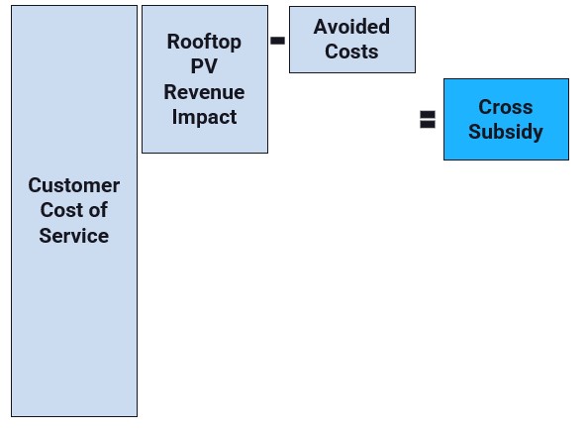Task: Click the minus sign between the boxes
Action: (x=277, y=41)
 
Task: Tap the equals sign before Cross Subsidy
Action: (x=428, y=120)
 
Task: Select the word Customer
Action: (x=74, y=185)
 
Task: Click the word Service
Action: (x=74, y=236)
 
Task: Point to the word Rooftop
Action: (x=204, y=42)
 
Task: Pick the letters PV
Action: (x=204, y=66)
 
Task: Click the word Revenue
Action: (x=204, y=92)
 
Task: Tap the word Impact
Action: (x=204, y=117)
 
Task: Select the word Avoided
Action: (x=351, y=27)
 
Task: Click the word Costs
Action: (x=351, y=52)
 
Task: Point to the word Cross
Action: (x=506, y=107)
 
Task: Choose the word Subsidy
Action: (x=506, y=132)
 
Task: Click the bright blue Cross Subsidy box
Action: (x=506, y=119)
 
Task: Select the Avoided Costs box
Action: (x=352, y=40)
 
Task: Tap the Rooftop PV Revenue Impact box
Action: (x=205, y=79)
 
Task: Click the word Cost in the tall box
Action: (x=55, y=210)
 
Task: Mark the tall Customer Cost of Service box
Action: (x=74, y=211)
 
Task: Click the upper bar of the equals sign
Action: (x=428, y=114)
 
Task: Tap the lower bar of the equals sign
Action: (x=428, y=125)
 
